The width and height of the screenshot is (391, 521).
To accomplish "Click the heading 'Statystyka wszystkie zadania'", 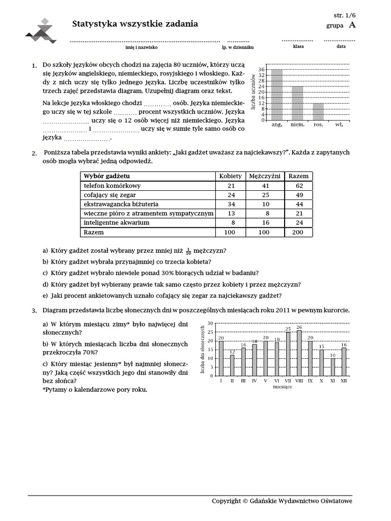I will [x=135, y=24].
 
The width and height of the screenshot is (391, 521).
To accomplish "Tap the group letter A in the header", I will [x=352, y=25].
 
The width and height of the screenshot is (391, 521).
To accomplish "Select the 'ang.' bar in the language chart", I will [x=277, y=95].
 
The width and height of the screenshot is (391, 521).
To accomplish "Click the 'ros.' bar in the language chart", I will [x=318, y=111].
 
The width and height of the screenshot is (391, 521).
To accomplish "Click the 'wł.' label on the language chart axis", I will [x=339, y=124].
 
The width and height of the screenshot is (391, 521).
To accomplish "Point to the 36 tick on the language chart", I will [x=262, y=69].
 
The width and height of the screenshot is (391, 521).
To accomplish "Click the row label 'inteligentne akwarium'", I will [x=116, y=222].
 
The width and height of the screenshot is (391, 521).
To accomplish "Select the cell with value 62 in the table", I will [x=299, y=186].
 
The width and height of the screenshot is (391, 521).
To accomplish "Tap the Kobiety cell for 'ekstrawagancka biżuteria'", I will [x=231, y=204].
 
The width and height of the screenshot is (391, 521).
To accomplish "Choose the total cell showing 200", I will [x=299, y=232].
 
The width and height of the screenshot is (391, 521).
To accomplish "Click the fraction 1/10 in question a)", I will [x=188, y=251].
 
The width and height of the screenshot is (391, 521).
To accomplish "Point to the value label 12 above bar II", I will [x=232, y=352].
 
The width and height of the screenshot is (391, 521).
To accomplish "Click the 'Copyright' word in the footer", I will [x=227, y=501].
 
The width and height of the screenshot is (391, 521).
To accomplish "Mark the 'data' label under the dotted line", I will [x=341, y=46].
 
